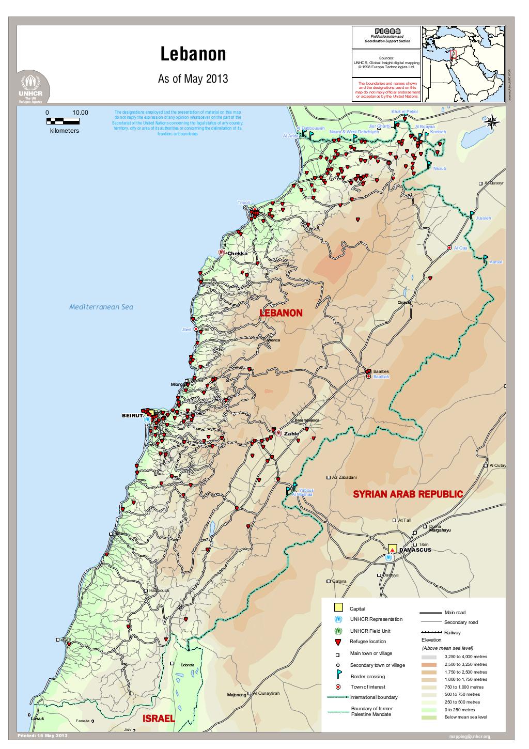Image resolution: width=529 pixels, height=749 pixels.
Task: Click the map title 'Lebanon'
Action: pyautogui.click(x=193, y=55)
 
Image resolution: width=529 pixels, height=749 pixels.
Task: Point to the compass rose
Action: pyautogui.click(x=492, y=121)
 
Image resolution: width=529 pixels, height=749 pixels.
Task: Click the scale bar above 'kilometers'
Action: pyautogui.click(x=63, y=121)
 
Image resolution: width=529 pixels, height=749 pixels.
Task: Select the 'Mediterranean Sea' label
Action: pyautogui.click(x=101, y=307)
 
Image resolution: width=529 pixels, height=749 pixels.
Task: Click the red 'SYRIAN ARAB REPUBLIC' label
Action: pyautogui.click(x=408, y=494)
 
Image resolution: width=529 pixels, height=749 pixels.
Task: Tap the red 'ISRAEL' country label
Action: pyautogui.click(x=159, y=719)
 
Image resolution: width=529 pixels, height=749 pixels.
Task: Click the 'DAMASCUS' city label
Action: pyautogui.click(x=415, y=550)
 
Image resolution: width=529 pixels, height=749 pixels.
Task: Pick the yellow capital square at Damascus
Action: pyautogui.click(x=392, y=549)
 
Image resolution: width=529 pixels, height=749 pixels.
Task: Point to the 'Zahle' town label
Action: pyautogui.click(x=291, y=433)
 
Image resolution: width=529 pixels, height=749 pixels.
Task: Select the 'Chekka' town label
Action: pyautogui.click(x=238, y=253)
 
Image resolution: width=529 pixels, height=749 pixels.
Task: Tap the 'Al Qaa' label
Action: pyautogui.click(x=460, y=248)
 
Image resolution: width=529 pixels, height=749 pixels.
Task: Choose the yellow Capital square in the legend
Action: pyautogui.click(x=338, y=607)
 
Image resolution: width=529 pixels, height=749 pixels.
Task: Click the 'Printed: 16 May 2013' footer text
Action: pyautogui.click(x=42, y=735)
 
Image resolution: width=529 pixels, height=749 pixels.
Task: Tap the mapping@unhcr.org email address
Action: pyautogui.click(x=470, y=737)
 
